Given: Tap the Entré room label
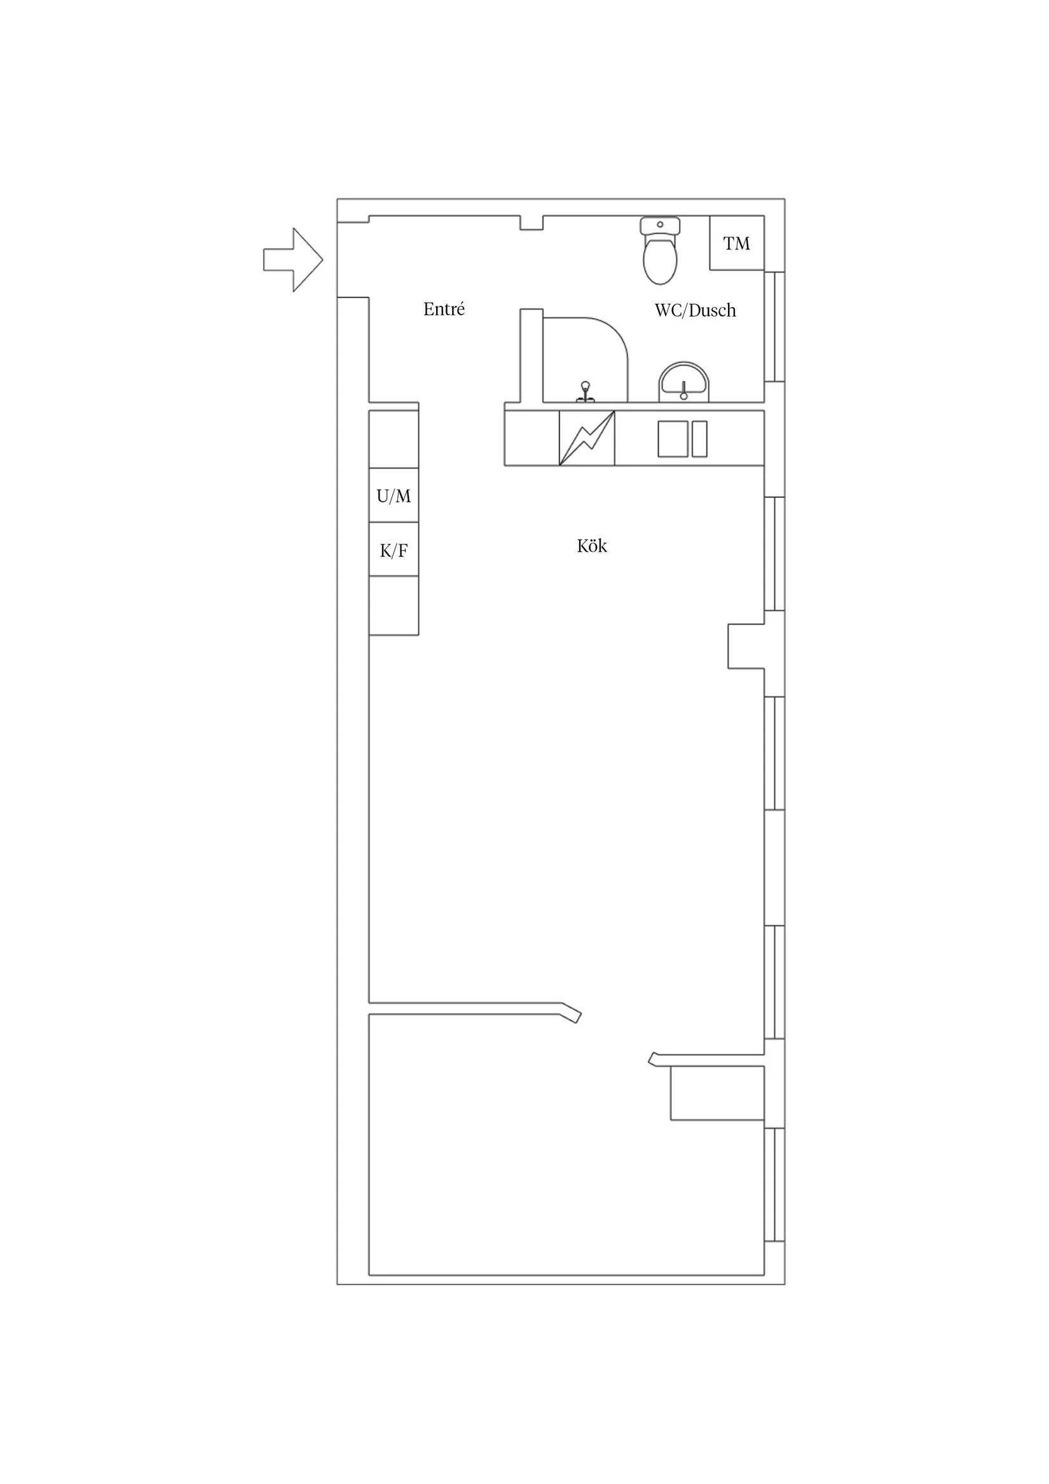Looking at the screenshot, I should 444,310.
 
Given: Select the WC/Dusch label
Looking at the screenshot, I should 695,311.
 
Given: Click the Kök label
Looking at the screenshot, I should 591,546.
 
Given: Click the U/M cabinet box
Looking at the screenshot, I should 394,496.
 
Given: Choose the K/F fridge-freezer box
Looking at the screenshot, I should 394,550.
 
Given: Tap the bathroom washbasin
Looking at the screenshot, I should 683,382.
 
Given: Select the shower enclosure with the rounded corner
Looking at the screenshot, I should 585,359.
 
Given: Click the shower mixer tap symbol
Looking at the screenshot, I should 586,392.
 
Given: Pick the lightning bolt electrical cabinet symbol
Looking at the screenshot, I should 586,438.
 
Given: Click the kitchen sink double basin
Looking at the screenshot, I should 682,439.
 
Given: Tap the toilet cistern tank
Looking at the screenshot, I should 660,226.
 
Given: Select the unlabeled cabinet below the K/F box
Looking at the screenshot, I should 394,606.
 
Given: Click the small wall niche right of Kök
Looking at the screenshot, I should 746,647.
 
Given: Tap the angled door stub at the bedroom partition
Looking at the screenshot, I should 572,1013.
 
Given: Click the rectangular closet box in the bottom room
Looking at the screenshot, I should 717,1093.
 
